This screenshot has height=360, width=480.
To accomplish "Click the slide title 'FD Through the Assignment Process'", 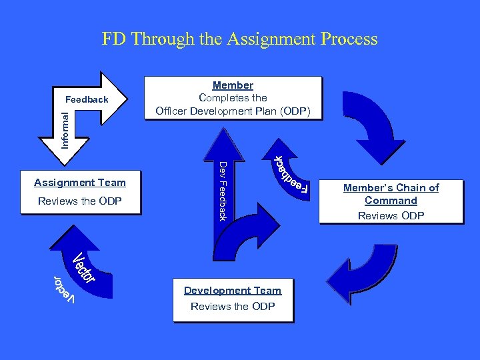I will pyautogui.click(x=239, y=39).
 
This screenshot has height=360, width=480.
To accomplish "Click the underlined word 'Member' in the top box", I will pyautogui.click(x=233, y=85).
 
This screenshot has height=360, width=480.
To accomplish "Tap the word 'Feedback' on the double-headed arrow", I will pyautogui.click(x=87, y=99).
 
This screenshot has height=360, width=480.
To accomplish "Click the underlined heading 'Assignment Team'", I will pyautogui.click(x=80, y=182).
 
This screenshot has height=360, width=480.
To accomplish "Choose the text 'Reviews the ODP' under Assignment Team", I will pyautogui.click(x=80, y=201).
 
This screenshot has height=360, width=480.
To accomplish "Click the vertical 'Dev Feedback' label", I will pyautogui.click(x=224, y=191).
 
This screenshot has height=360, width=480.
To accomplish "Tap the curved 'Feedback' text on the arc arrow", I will pyautogui.click(x=289, y=174).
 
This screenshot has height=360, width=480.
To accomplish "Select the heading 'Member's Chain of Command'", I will pyautogui.click(x=391, y=194).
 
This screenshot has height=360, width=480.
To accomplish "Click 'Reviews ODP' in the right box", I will pyautogui.click(x=391, y=215).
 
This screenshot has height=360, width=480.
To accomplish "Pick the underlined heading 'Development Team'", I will pyautogui.click(x=233, y=291).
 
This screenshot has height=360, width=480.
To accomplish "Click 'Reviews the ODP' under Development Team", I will pyautogui.click(x=233, y=306).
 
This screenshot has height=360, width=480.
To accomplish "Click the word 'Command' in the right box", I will pyautogui.click(x=391, y=201).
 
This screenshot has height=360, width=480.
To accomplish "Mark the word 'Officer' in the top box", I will pyautogui.click(x=171, y=110).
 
